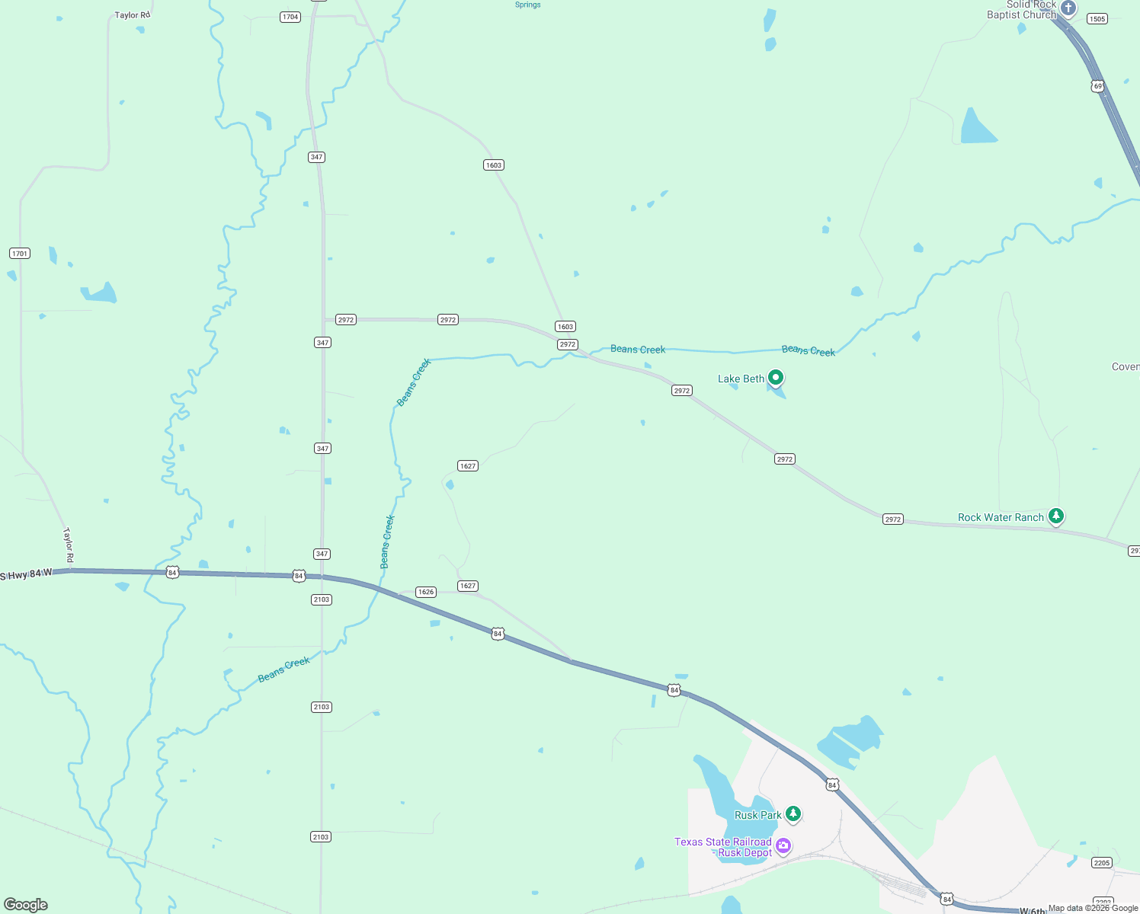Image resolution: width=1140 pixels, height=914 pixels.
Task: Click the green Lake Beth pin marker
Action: click(x=776, y=377)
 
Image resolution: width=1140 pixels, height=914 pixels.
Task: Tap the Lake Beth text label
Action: click(x=741, y=379)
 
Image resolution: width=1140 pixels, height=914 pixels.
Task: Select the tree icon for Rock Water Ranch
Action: click(x=1055, y=516)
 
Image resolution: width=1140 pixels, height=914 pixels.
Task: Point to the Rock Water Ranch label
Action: click(x=1001, y=517)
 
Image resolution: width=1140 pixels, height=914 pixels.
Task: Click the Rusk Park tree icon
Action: click(x=793, y=813)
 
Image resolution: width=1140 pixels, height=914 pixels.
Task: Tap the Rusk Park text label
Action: click(x=757, y=815)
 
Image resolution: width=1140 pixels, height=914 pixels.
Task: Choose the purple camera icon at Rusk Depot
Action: click(x=783, y=845)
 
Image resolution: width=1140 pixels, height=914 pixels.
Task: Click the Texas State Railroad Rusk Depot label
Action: click(x=723, y=847)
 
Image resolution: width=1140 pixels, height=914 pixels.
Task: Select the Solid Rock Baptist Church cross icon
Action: click(x=1068, y=8)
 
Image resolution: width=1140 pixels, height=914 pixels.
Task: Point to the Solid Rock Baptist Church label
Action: click(x=1022, y=10)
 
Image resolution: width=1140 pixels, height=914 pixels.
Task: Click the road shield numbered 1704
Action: click(x=290, y=17)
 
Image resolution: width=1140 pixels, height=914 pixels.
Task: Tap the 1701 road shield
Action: click(x=20, y=253)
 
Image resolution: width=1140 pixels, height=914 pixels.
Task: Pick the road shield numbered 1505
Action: click(x=1097, y=19)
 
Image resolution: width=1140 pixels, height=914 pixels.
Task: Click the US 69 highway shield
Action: click(x=1097, y=86)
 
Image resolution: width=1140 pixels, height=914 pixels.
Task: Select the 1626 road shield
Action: click(x=426, y=592)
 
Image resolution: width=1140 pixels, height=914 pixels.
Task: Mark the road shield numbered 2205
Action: click(x=1101, y=862)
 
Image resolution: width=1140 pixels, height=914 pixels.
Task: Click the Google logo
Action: click(x=26, y=905)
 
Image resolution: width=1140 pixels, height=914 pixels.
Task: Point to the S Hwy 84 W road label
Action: click(x=27, y=574)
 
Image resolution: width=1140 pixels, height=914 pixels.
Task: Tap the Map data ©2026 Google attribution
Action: click(x=1093, y=908)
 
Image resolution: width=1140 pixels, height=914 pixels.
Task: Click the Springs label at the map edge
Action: click(x=527, y=5)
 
